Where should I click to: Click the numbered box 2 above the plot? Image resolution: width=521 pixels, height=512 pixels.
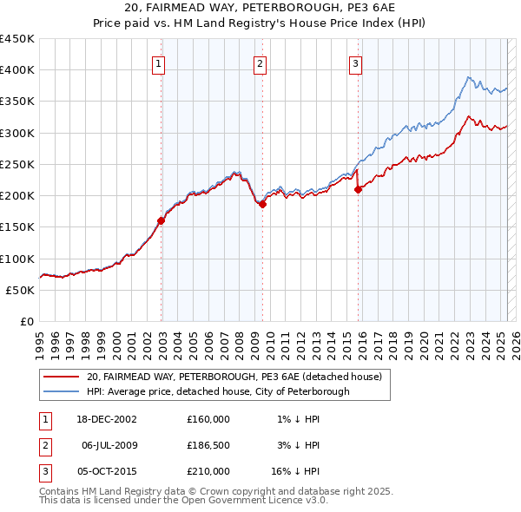(260, 62)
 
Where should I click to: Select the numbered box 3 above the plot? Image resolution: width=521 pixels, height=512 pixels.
(356, 62)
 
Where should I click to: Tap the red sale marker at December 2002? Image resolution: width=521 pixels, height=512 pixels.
(162, 220)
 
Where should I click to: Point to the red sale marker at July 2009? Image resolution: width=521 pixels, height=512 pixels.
(262, 204)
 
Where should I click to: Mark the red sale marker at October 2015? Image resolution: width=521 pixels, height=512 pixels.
(358, 189)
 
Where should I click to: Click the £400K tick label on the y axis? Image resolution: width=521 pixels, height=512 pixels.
(17, 70)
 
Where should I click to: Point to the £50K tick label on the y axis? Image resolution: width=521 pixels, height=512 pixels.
(21, 290)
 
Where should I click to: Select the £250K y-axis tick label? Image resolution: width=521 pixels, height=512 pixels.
(17, 164)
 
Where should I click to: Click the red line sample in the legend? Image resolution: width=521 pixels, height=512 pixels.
(62, 377)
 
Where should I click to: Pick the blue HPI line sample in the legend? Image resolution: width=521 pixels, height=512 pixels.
(62, 391)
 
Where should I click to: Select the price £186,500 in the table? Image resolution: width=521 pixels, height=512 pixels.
(208, 445)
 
